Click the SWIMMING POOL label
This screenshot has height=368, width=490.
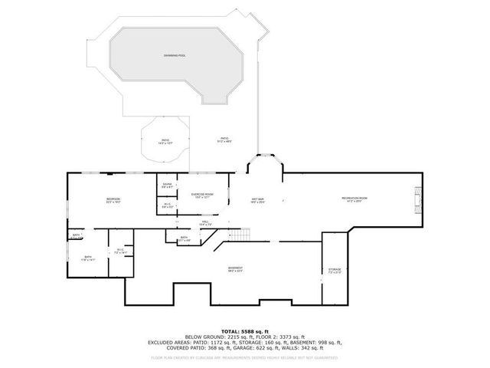[x=174, y=56]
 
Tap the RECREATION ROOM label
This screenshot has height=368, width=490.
[x=354, y=199]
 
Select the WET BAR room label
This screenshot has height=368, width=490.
[x=257, y=201]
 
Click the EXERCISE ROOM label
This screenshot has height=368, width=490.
[x=202, y=195]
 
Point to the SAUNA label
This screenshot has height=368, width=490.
[x=166, y=186]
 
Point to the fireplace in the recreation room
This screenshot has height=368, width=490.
[x=417, y=199]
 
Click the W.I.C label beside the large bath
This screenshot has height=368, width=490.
[x=120, y=251]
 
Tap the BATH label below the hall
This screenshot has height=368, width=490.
[x=185, y=238]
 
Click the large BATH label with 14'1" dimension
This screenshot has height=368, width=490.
[x=88, y=258]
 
